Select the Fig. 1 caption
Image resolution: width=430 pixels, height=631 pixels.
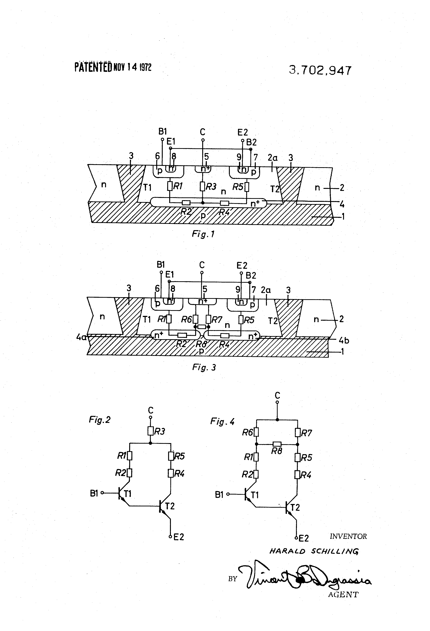(203, 234)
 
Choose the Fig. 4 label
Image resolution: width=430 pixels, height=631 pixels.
(222, 421)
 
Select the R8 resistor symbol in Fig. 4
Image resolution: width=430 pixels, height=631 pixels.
(277, 444)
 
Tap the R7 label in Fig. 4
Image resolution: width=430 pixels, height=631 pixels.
(306, 433)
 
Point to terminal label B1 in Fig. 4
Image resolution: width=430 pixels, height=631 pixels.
(219, 495)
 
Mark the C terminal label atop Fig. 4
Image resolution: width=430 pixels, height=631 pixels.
(277, 395)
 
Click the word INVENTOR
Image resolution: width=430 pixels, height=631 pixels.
(348, 536)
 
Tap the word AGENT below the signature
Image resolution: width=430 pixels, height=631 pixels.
(343, 595)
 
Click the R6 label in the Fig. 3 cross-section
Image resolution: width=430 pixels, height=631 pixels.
(186, 320)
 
